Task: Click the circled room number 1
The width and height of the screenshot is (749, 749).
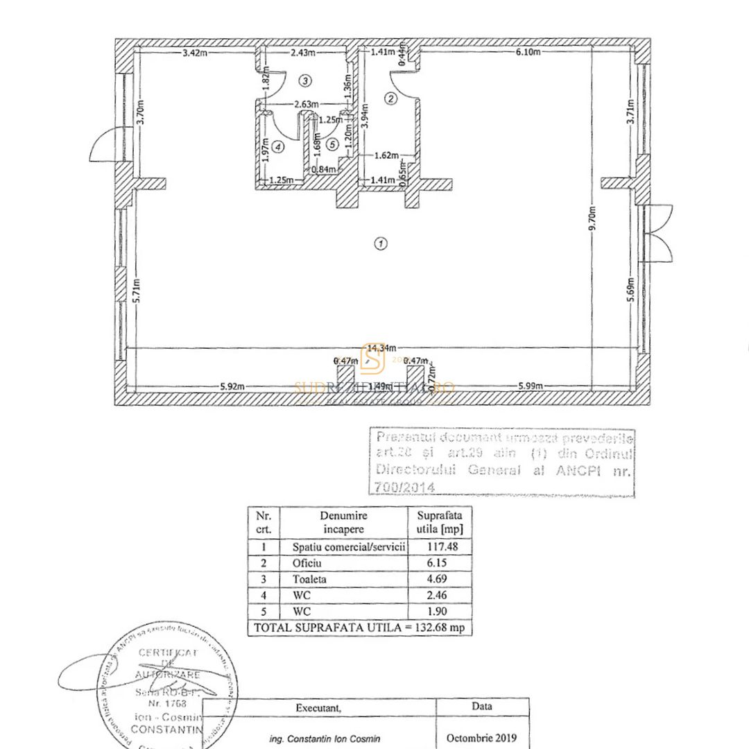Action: pyautogui.click(x=379, y=243)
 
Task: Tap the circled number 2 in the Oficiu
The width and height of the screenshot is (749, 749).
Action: pyautogui.click(x=390, y=98)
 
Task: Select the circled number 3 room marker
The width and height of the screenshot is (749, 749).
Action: pyautogui.click(x=305, y=80)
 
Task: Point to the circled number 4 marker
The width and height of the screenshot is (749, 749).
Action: pyautogui.click(x=278, y=146)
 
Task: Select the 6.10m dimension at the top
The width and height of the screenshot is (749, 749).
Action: pyautogui.click(x=527, y=51)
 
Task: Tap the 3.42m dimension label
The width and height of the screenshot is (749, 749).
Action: pyautogui.click(x=195, y=51)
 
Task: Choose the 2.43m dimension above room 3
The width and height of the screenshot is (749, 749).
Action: pyautogui.click(x=302, y=51)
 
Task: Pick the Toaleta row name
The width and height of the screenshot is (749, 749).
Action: pyautogui.click(x=309, y=578)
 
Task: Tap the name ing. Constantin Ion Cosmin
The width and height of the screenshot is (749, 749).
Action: pyautogui.click(x=325, y=739)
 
